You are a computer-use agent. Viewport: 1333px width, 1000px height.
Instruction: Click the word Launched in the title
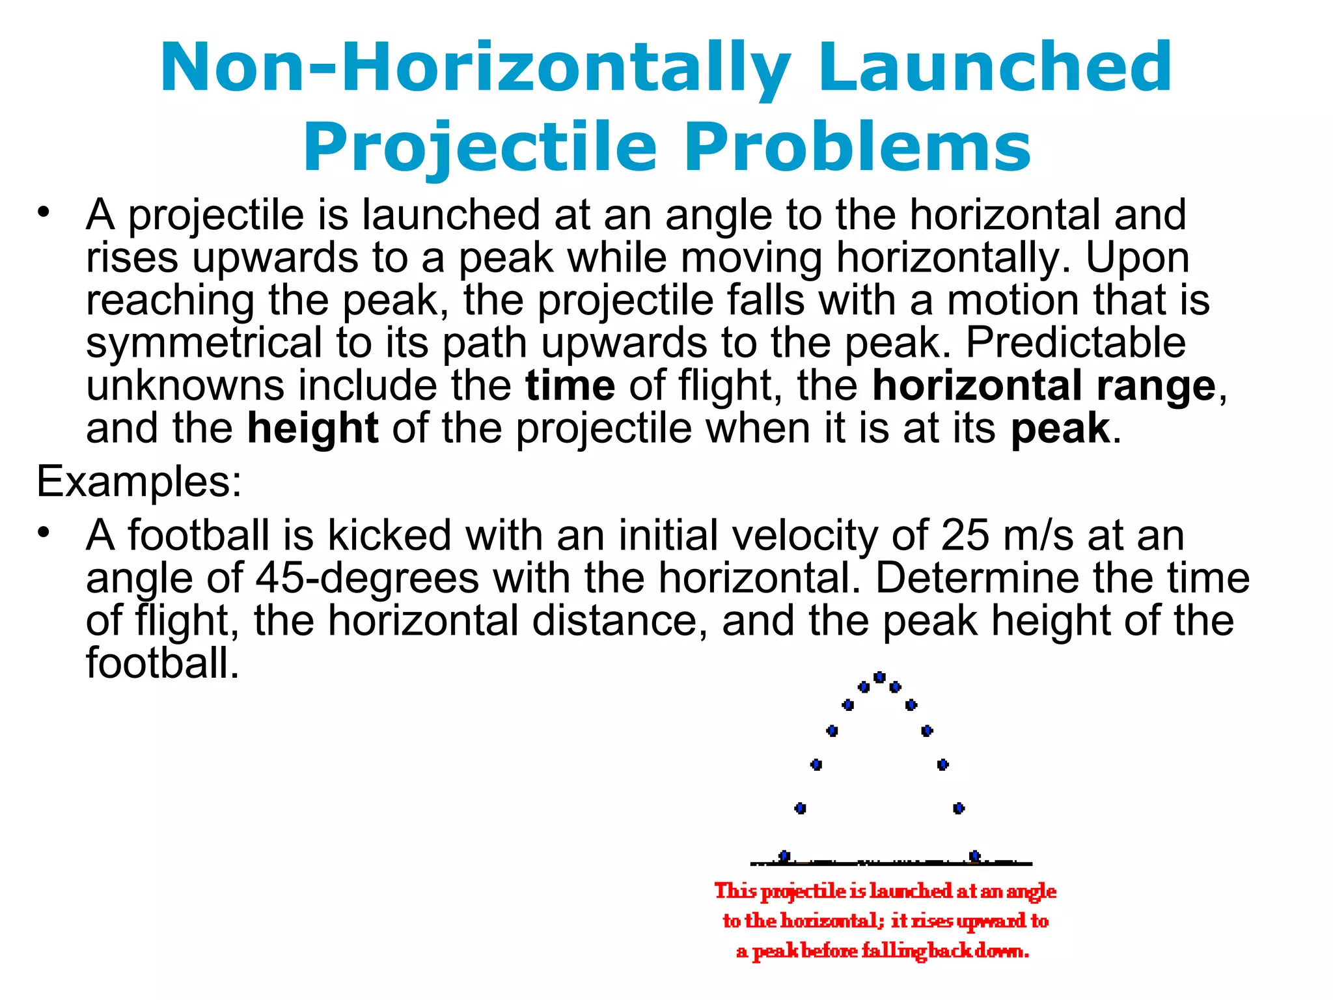995,67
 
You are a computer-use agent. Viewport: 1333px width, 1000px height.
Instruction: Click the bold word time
570,385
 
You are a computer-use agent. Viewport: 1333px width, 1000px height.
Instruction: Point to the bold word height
312,428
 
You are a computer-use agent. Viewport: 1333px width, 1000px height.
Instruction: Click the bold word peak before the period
1060,428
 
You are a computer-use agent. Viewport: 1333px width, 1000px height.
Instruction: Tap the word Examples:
139,482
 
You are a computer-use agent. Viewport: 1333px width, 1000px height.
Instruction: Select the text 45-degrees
367,578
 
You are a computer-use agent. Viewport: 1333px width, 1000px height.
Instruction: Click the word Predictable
1075,343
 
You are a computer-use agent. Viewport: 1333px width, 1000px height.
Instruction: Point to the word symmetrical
204,343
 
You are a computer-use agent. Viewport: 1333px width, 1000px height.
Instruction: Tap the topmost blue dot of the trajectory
879,677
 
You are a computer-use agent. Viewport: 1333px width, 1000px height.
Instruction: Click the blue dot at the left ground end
784,855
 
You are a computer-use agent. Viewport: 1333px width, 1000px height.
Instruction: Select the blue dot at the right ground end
974,855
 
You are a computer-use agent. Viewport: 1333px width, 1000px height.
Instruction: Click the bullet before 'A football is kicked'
44,533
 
